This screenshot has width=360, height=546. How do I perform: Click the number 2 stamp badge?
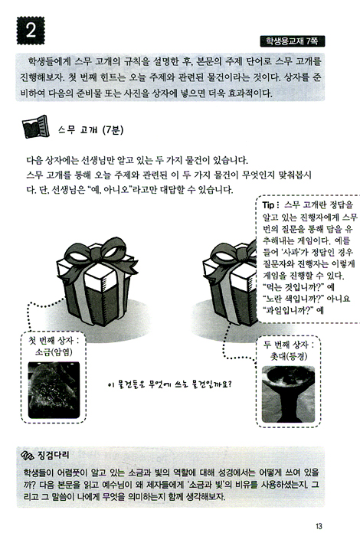pyautogui.click(x=31, y=31)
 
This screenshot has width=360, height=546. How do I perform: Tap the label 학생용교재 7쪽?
pyautogui.click(x=292, y=41)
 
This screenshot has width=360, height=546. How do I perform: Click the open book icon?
pyautogui.click(x=34, y=126)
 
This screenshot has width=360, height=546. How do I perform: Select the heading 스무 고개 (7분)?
pyautogui.click(x=91, y=130)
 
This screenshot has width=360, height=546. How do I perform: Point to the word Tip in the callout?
pyautogui.click(x=269, y=204)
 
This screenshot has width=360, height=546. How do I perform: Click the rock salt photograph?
pyautogui.click(x=54, y=390)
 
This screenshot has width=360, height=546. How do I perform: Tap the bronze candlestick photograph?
pyautogui.click(x=288, y=394)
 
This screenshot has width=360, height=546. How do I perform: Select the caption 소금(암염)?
pyautogui.click(x=54, y=352)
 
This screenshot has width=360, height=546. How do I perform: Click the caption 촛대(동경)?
pyautogui.click(x=289, y=356)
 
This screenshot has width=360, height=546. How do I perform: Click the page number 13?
pyautogui.click(x=319, y=526)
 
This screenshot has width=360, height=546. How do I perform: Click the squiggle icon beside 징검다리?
pyautogui.click(x=28, y=455)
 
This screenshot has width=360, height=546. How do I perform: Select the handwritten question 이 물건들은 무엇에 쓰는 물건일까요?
pyautogui.click(x=170, y=384)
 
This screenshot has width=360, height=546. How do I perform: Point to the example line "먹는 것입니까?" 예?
pyautogui.click(x=299, y=287)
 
